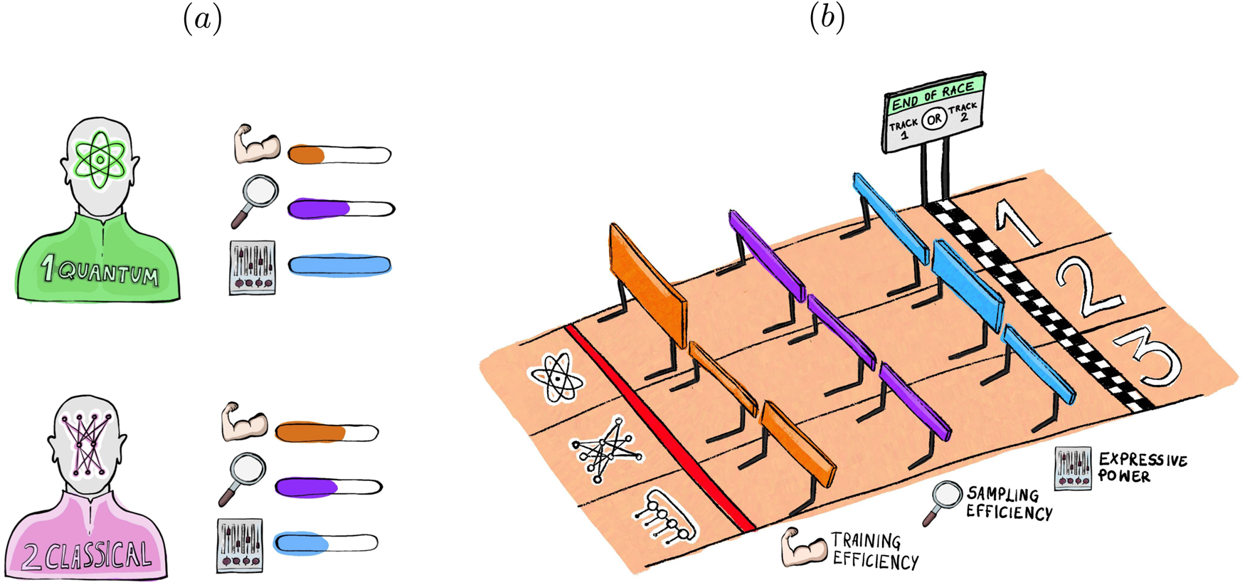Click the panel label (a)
click(203, 20)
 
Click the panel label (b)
click(827, 20)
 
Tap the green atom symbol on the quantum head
click(100, 159)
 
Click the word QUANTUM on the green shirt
click(108, 273)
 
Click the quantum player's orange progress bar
click(339, 154)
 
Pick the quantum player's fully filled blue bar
click(339, 265)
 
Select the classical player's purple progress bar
click(328, 487)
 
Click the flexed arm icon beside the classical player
click(244, 422)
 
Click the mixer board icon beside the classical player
click(240, 545)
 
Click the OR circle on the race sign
click(933, 120)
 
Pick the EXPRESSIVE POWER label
click(1143, 467)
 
